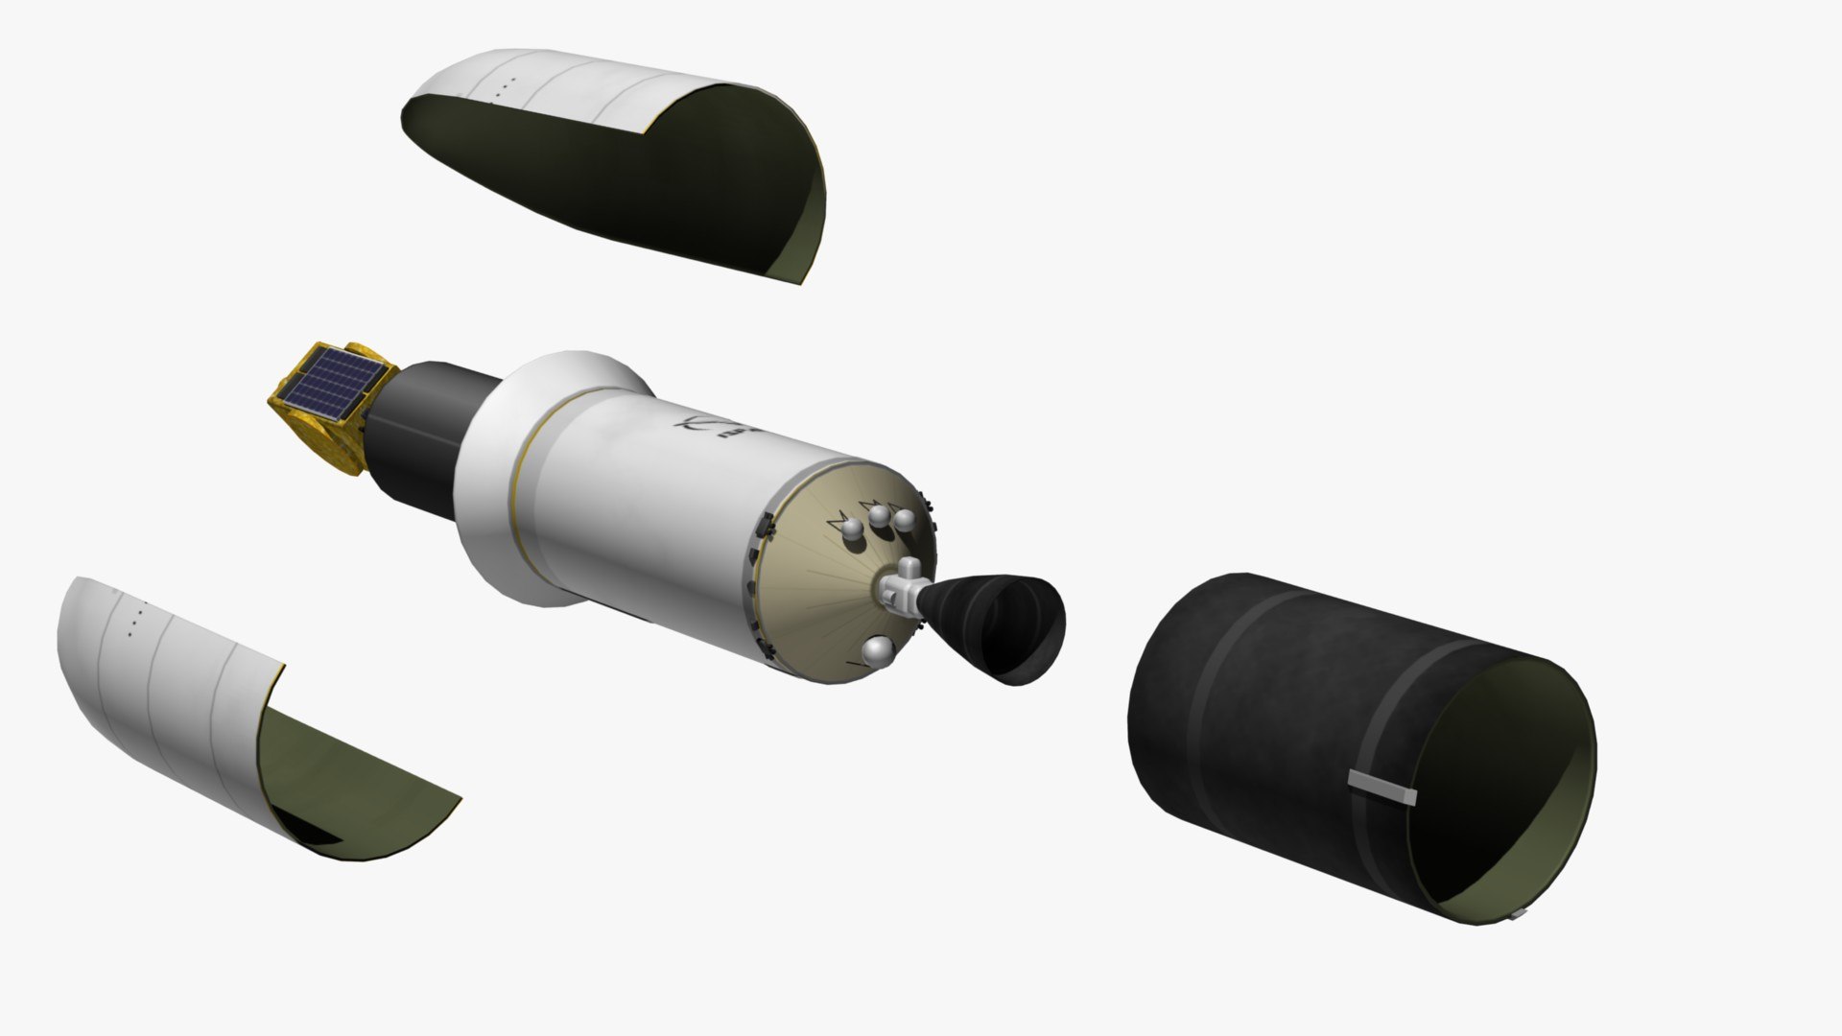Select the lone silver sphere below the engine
876,652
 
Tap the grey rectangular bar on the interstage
1381,786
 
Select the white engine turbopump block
902,590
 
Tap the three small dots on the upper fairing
506,86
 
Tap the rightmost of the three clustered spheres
903,521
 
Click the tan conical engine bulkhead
815,595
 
